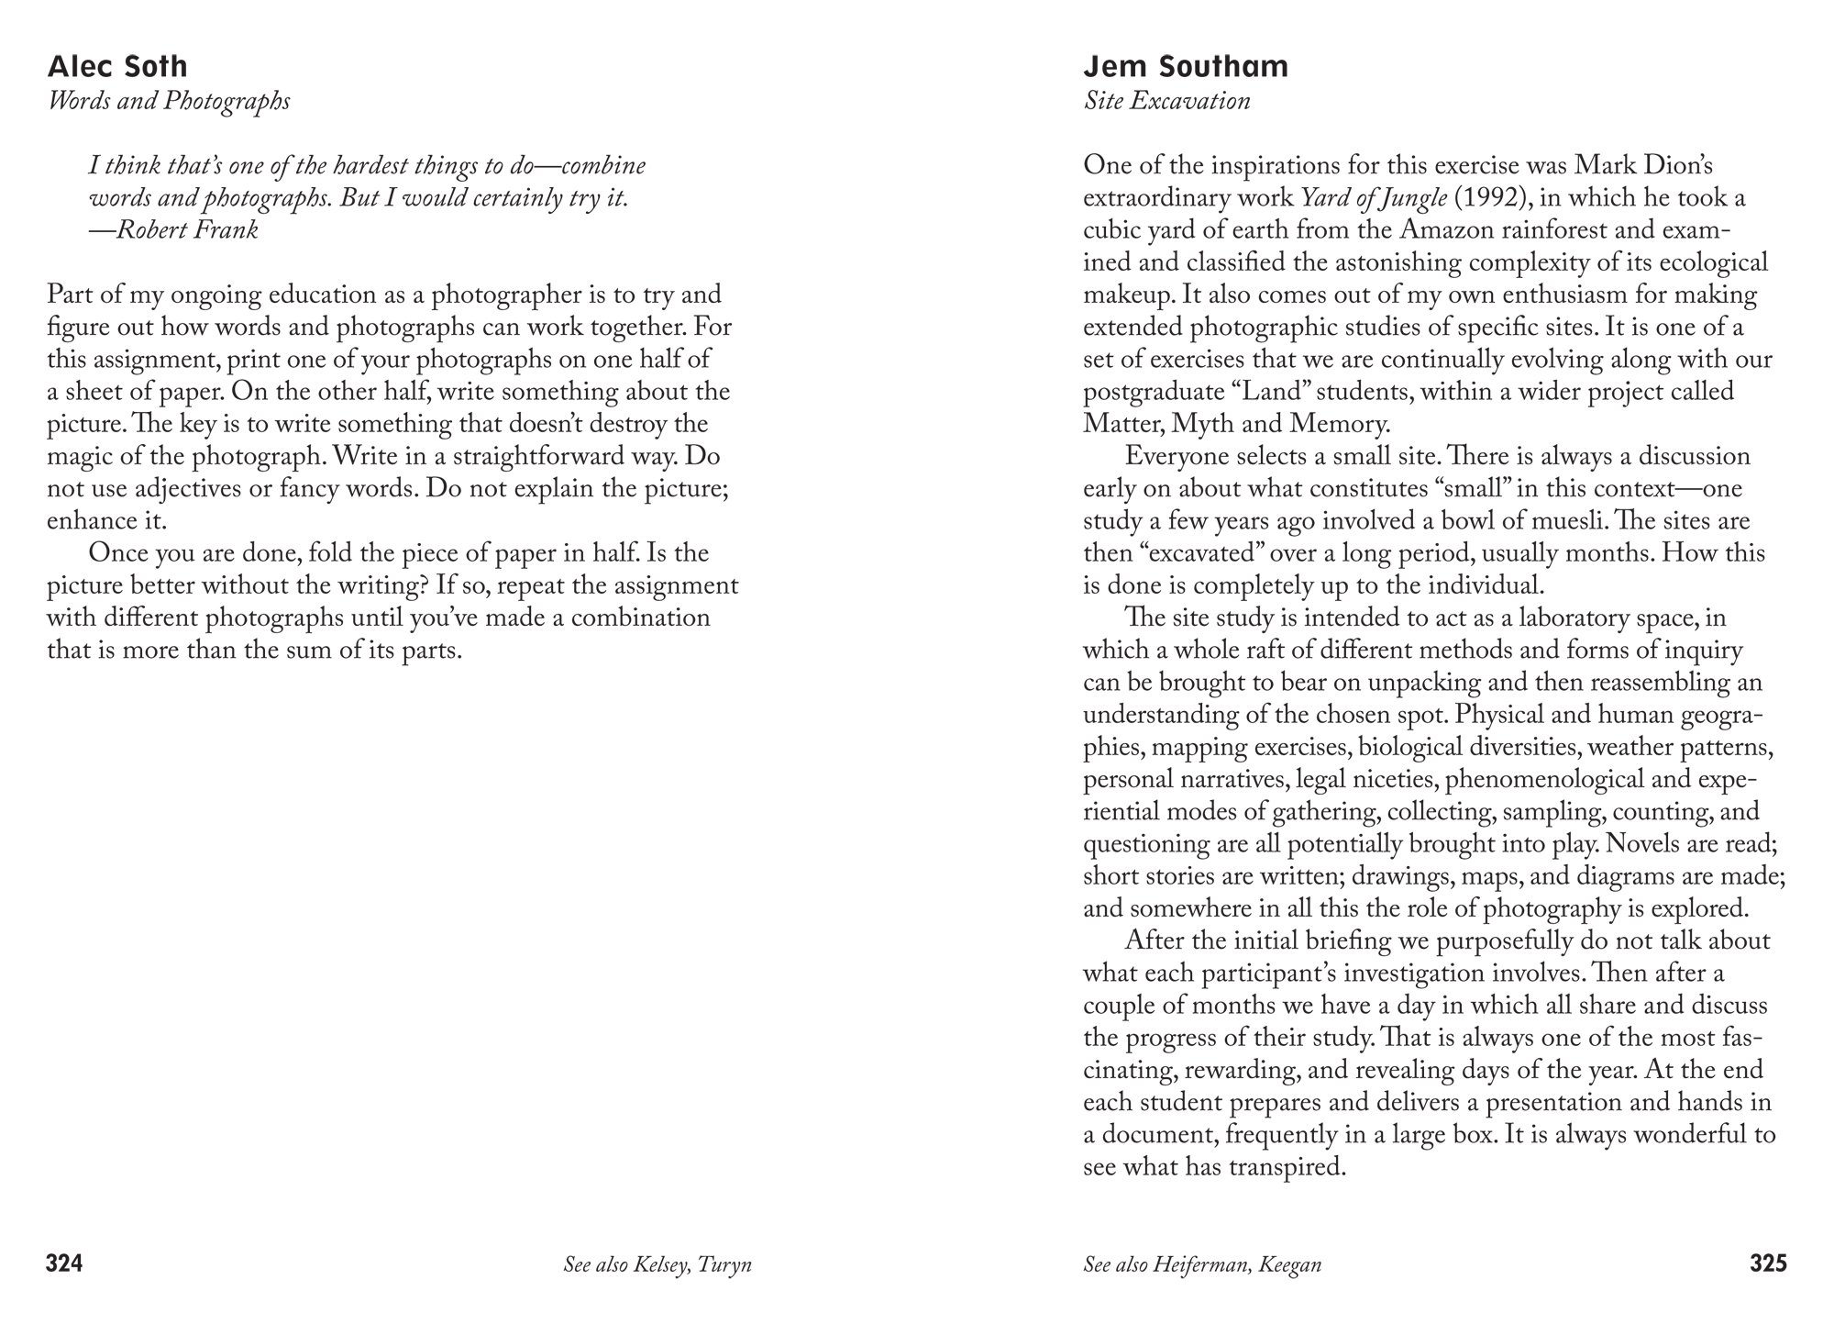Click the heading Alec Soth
click(117, 67)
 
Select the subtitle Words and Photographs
click(169, 101)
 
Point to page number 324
click(65, 1264)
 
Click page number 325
click(1768, 1264)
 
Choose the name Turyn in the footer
click(724, 1265)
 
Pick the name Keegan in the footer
click(1291, 1265)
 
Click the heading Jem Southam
click(1186, 67)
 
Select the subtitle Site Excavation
click(1166, 101)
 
